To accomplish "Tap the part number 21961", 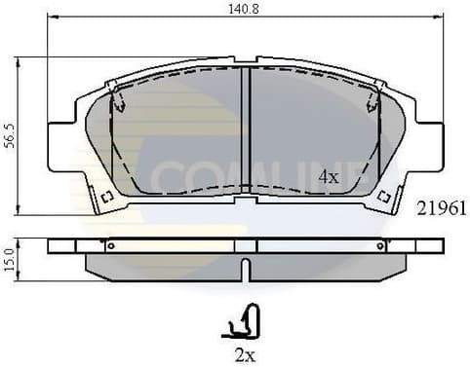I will (x=442, y=207).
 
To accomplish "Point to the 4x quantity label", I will (x=329, y=176).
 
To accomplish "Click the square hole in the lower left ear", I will (x=107, y=198).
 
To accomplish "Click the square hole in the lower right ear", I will (x=384, y=198).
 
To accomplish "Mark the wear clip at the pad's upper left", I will (x=119, y=97).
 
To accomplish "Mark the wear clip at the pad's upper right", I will (x=373, y=97).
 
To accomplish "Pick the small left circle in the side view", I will (x=110, y=246).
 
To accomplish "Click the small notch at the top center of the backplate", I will (x=247, y=62).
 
